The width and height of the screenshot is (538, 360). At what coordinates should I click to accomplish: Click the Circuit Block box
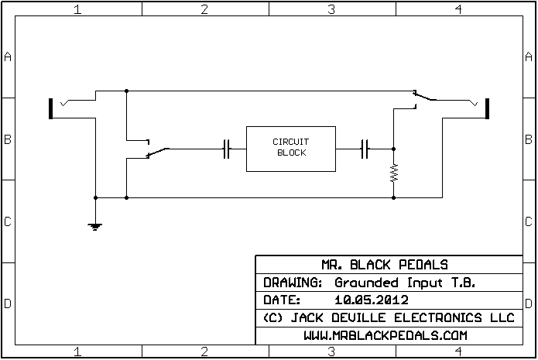pyautogui.click(x=290, y=148)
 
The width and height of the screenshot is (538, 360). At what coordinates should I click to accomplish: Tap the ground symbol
pyautogui.click(x=94, y=227)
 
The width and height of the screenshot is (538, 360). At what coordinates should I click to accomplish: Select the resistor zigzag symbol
pyautogui.click(x=393, y=172)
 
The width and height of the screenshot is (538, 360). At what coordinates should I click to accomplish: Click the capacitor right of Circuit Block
pyautogui.click(x=366, y=148)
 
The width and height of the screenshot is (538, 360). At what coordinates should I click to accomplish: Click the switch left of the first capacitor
pyautogui.click(x=158, y=149)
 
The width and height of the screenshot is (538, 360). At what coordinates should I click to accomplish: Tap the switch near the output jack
pyautogui.click(x=423, y=97)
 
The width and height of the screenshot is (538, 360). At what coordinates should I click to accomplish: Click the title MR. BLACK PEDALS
pyautogui.click(x=395, y=264)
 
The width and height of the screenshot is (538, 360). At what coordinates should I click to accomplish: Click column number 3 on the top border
pyautogui.click(x=331, y=9)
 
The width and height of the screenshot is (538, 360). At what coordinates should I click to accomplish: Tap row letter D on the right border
pyautogui.click(x=529, y=303)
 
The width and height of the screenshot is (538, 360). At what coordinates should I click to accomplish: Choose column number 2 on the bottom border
pyautogui.click(x=204, y=352)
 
